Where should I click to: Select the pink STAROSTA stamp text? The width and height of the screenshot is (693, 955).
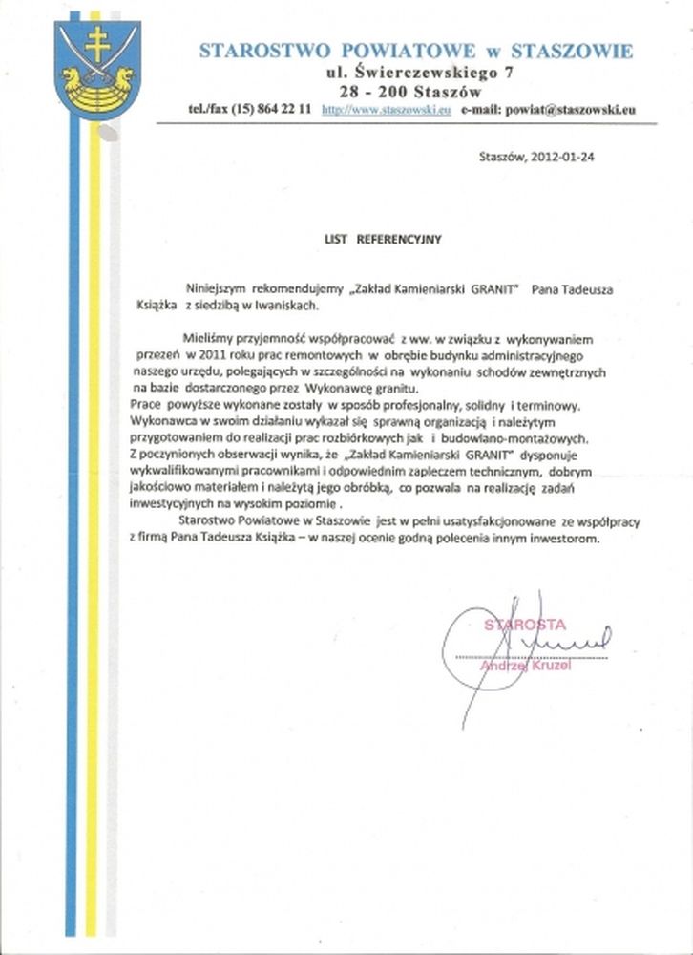[x=524, y=625]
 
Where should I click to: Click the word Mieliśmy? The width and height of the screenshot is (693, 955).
[x=203, y=339]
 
